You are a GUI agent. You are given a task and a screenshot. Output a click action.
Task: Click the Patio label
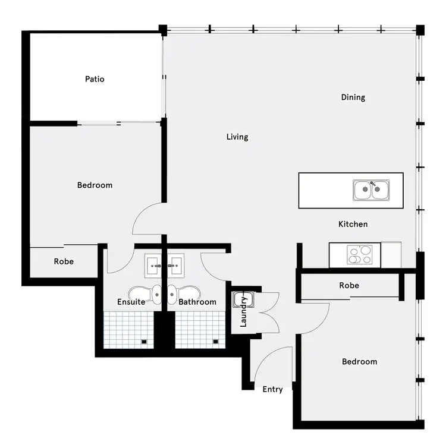coord(95,79)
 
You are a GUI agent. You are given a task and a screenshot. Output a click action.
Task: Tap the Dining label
coord(353,97)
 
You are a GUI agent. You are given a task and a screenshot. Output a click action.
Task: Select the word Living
coord(237,137)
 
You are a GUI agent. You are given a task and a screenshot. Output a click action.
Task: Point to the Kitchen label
coord(353,225)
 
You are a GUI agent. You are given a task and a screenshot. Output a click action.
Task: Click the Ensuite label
coord(131,302)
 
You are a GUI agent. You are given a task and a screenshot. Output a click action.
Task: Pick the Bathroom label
coord(197,302)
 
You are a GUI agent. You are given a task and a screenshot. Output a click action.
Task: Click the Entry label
coord(272,390)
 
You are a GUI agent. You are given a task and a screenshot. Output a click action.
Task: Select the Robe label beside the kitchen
coord(349,286)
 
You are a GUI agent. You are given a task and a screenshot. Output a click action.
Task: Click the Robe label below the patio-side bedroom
coord(64,261)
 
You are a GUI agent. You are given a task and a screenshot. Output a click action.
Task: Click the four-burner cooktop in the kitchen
coord(360,255)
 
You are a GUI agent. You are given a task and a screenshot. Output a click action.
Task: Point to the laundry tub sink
coord(240,299)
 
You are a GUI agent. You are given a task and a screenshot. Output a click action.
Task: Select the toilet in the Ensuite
coord(156,294)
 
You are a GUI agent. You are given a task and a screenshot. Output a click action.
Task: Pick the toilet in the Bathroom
coord(172,294)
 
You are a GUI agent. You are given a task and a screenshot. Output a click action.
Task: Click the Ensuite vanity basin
coord(153,266)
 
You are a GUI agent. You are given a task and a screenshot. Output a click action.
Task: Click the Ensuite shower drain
coord(145,342)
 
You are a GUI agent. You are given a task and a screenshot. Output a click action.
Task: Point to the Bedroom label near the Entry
coord(359,362)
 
